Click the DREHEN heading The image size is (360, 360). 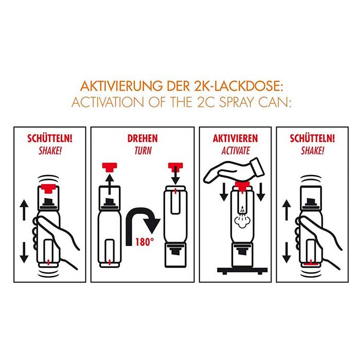click(142, 139)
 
